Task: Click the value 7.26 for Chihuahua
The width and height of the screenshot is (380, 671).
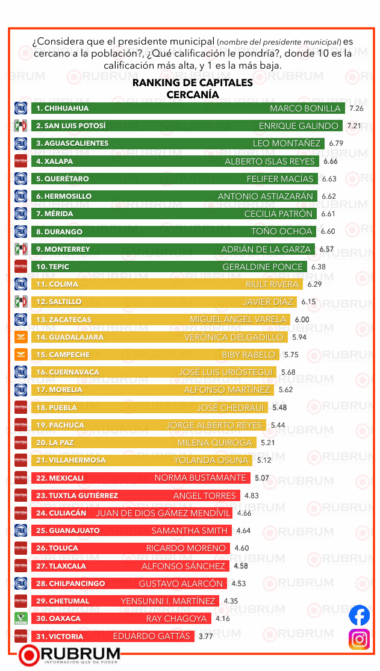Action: coord(357,108)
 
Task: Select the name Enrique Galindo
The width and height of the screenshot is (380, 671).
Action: coord(298,126)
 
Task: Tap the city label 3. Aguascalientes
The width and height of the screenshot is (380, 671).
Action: coord(72,143)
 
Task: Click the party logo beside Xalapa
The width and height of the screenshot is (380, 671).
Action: coord(21,161)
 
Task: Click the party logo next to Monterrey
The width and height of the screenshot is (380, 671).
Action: coord(21,249)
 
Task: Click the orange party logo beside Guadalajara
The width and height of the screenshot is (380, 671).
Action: coord(21,337)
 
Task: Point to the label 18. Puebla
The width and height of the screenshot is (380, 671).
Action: coord(55,408)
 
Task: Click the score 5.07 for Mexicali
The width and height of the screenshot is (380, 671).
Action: coord(262,478)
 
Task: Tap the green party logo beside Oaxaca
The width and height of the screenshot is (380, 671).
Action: coord(21,619)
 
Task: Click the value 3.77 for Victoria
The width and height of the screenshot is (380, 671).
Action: coord(206,636)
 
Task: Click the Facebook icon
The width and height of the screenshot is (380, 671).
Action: coord(360,615)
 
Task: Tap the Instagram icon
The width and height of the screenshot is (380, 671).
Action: coord(360,639)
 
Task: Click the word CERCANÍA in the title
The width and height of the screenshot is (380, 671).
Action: coord(192,95)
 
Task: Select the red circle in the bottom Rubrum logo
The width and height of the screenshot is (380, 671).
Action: coord(29,655)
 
